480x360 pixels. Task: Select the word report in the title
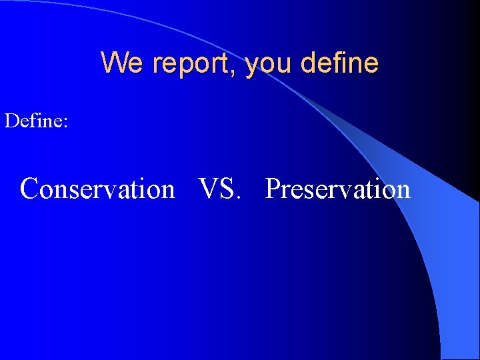[193, 64]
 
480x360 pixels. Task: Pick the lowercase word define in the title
[339, 63]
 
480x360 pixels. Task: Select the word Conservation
[97, 189]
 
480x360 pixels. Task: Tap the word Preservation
[337, 189]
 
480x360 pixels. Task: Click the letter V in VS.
[209, 189]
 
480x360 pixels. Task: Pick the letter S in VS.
[226, 189]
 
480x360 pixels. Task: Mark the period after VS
[237, 197]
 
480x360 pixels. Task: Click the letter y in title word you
[251, 66]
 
